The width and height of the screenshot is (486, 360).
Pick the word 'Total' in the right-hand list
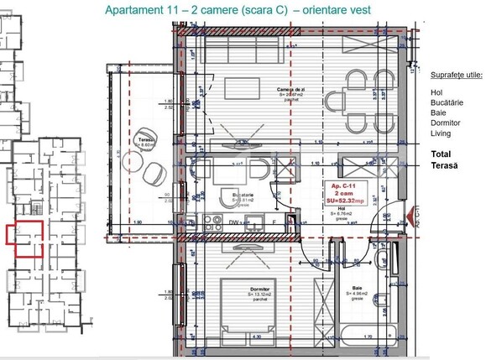coord(440,154)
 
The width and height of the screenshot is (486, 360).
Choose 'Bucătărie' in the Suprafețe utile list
coord(447,102)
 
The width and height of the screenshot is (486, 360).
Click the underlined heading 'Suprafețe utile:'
coord(456,74)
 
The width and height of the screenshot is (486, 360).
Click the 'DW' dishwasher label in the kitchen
coord(233,223)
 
